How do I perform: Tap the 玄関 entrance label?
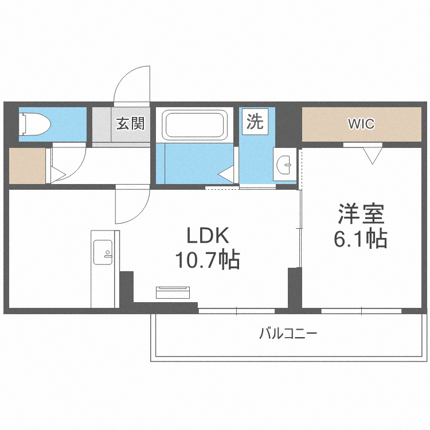click(x=131, y=123)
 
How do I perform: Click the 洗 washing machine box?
click(x=255, y=122)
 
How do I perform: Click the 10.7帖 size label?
click(x=207, y=261)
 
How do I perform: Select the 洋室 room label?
click(x=360, y=214)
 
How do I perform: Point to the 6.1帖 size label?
click(x=360, y=238)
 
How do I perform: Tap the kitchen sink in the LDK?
click(x=104, y=252)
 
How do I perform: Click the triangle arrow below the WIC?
click(x=372, y=155)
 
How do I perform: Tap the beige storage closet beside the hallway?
click(x=27, y=166)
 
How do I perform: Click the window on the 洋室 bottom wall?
click(x=361, y=311)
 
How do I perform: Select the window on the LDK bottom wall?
click(x=237, y=311)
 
